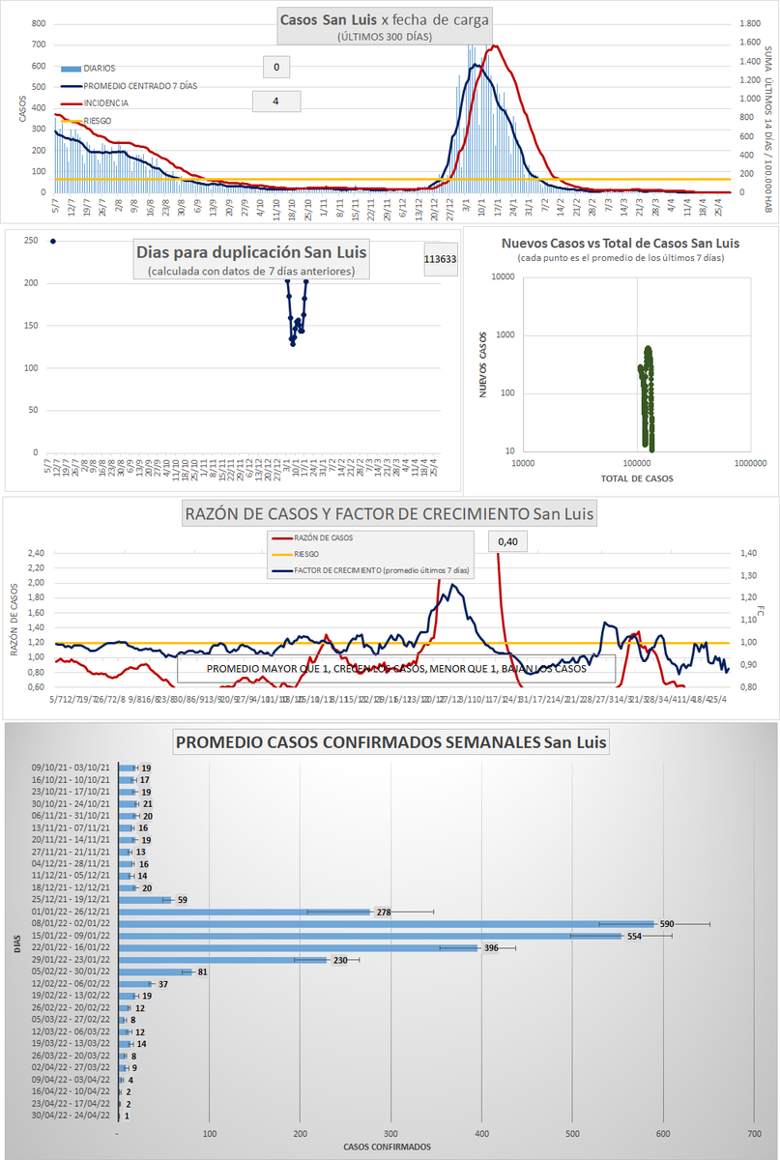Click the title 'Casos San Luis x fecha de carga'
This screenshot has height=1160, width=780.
pos(385,19)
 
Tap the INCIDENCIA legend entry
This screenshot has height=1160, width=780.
pos(106,102)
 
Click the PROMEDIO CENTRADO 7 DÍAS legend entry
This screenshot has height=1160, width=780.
pos(140,85)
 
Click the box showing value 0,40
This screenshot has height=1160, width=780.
pos(506,542)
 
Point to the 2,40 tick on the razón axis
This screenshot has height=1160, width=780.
pos(36,553)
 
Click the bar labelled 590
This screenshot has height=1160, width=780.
pos(387,923)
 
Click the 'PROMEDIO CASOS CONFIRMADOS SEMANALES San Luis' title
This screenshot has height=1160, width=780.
pos(390,742)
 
